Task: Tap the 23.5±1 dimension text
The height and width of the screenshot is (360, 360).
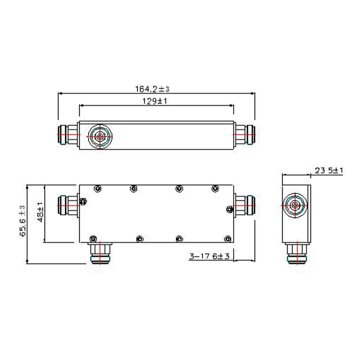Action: tap(329, 171)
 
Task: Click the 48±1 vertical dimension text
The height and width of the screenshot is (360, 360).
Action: tap(40, 213)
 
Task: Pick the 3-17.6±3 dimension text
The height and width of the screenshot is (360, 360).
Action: tap(210, 256)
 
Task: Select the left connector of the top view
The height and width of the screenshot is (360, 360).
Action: tap(68, 135)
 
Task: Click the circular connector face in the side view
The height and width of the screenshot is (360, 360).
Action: tap(295, 206)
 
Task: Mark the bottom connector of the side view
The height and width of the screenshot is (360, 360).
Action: tap(295, 252)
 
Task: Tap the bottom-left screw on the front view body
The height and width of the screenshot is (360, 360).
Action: tap(93, 238)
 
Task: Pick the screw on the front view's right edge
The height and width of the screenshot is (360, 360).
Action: tap(230, 208)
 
